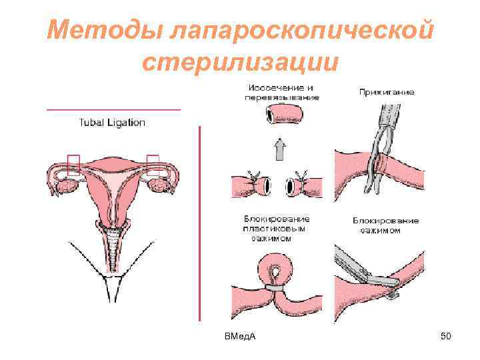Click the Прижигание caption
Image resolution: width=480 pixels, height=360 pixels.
pyautogui.click(x=387, y=92)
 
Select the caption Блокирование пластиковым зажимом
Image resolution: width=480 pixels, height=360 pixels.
pyautogui.click(x=277, y=229)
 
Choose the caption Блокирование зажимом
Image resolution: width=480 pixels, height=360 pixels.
pyautogui.click(x=385, y=225)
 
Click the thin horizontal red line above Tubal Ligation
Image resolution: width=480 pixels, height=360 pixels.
pyautogui.click(x=113, y=109)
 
